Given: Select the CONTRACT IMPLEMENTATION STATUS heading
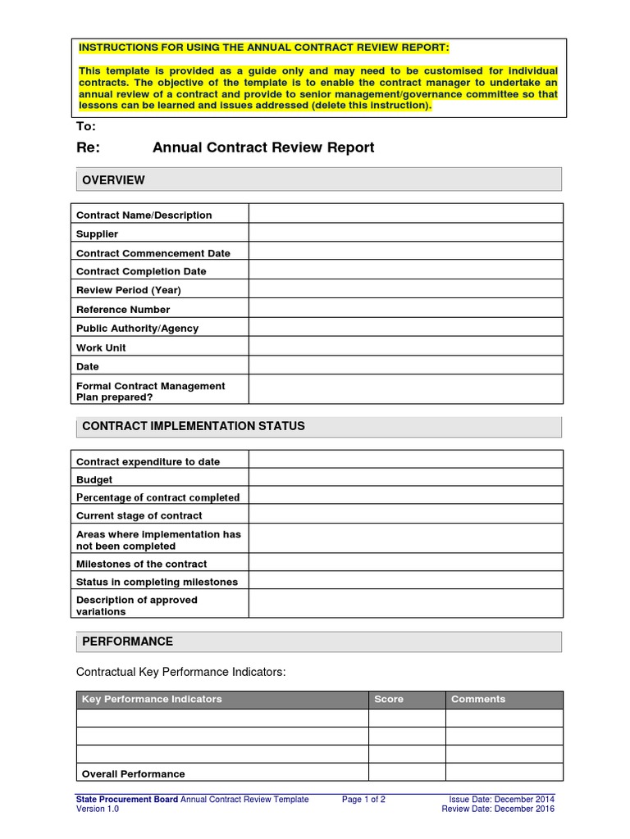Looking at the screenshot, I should tap(194, 426).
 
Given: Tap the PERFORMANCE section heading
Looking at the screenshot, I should tap(126, 642).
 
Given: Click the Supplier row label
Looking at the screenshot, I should tap(97, 234).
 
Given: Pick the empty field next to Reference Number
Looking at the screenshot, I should tap(405, 309).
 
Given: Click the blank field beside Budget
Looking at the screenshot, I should tap(405, 479).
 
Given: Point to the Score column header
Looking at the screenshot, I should tap(389, 699).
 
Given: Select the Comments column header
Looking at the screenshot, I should tap(478, 699).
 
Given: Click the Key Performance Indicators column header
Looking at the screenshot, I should tap(152, 699).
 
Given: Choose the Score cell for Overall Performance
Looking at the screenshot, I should tap(406, 773).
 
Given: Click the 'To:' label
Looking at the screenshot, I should tap(86, 126).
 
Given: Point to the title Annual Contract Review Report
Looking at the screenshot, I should tap(263, 147).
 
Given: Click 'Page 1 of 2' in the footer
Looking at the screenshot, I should tap(363, 799).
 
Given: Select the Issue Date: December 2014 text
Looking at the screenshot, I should tap(501, 799).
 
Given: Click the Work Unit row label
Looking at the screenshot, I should tap(101, 347).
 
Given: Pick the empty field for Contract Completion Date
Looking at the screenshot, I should tap(405, 271).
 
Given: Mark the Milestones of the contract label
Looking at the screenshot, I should tap(141, 564).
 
